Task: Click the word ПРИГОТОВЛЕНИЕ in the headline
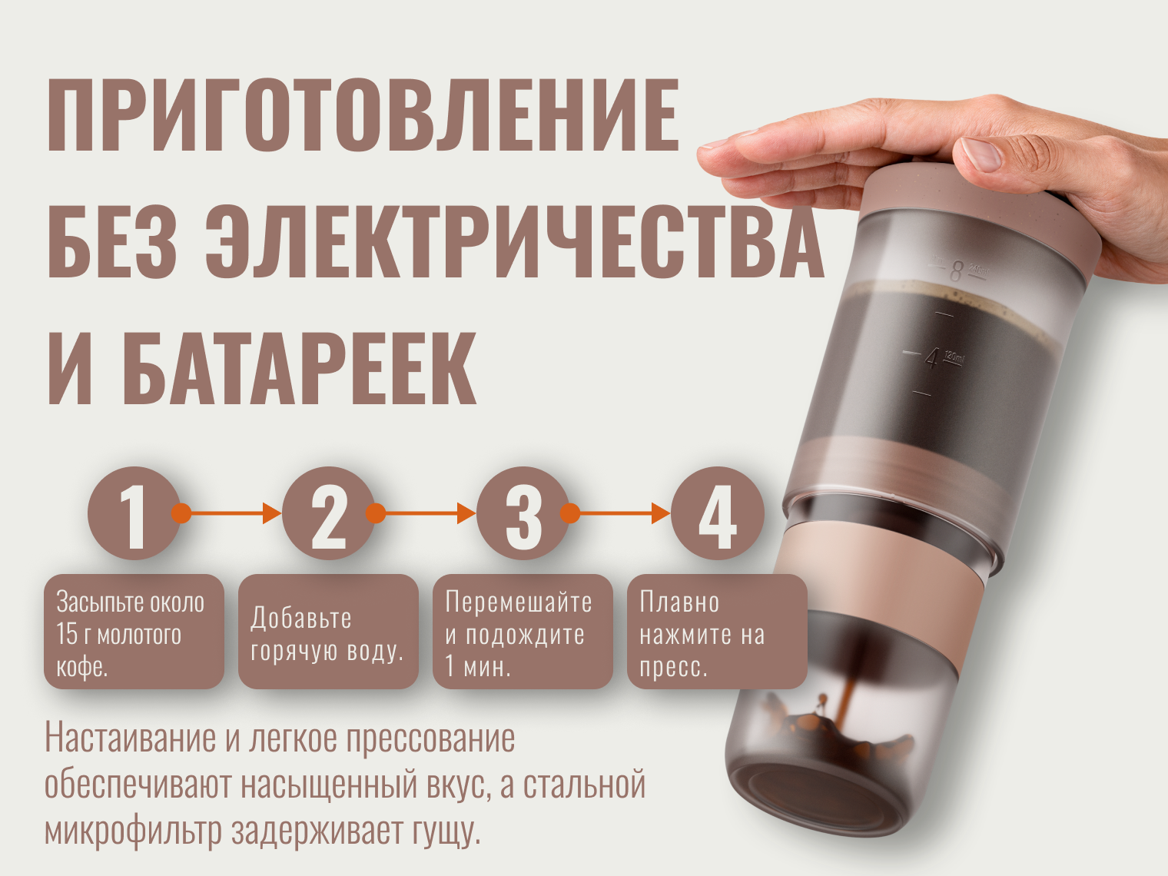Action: pyautogui.click(x=363, y=115)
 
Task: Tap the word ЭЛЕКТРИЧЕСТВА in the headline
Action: pyautogui.click(x=515, y=241)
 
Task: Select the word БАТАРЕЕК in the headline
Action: pyautogui.click(x=299, y=368)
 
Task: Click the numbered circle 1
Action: pyautogui.click(x=134, y=513)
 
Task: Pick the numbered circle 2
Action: pyautogui.click(x=329, y=513)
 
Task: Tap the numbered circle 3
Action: pyautogui.click(x=523, y=513)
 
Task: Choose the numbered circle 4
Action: pyautogui.click(x=717, y=513)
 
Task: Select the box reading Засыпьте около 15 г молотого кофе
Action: pyautogui.click(x=134, y=632)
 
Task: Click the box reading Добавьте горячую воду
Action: pyautogui.click(x=328, y=632)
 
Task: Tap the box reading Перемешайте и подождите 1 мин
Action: pyautogui.click(x=523, y=632)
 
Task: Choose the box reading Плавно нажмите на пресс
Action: pyautogui.click(x=717, y=632)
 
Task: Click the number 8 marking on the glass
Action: pyautogui.click(x=956, y=271)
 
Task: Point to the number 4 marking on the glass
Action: pyautogui.click(x=932, y=359)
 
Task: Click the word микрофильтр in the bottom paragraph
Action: pyautogui.click(x=133, y=832)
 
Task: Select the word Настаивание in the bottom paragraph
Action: pyautogui.click(x=131, y=738)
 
